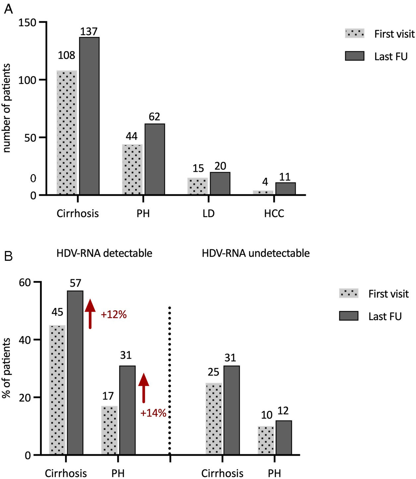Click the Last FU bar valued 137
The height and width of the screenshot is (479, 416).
89,116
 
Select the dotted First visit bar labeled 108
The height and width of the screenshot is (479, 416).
67,132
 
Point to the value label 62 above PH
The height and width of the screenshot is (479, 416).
154,117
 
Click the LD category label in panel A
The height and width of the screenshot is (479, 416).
208,213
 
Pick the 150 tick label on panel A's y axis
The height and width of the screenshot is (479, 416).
27,23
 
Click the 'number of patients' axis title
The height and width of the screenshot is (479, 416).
7,108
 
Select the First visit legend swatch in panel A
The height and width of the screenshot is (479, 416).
355,34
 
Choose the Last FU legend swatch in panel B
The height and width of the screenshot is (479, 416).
349,316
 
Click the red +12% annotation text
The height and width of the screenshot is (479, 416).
114,314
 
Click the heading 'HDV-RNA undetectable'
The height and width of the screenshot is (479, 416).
256,253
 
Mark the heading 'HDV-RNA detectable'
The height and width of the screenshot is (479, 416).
104,253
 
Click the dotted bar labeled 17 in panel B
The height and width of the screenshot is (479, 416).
109,430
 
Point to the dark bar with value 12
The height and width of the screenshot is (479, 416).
284,438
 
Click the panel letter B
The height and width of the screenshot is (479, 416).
8,256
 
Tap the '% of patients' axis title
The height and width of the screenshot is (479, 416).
7,368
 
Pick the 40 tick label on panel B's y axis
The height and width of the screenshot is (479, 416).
25,340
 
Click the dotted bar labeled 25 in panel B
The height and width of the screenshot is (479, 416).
214,419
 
